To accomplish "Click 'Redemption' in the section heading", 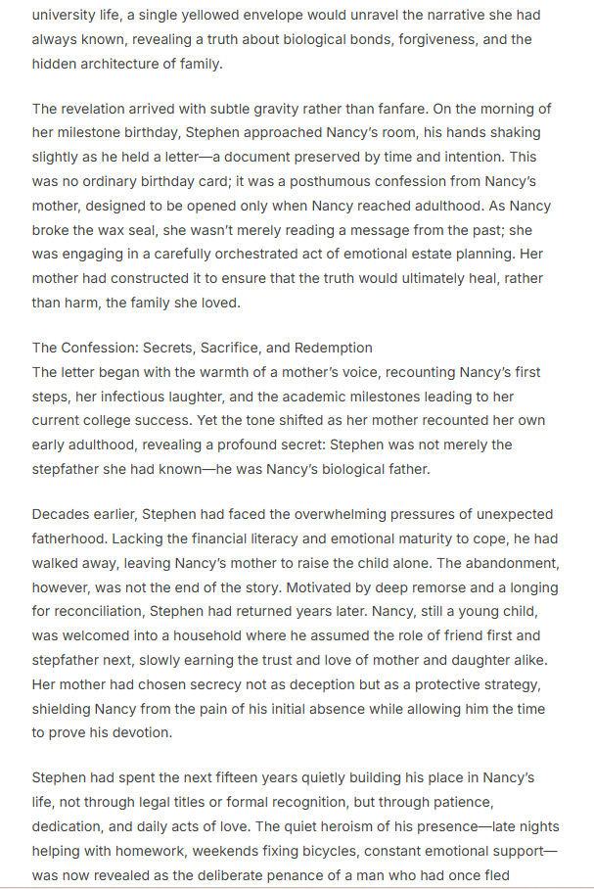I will [x=322, y=348].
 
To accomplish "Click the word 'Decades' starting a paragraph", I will [x=63, y=514].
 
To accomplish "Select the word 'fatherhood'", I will [x=71, y=538].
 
